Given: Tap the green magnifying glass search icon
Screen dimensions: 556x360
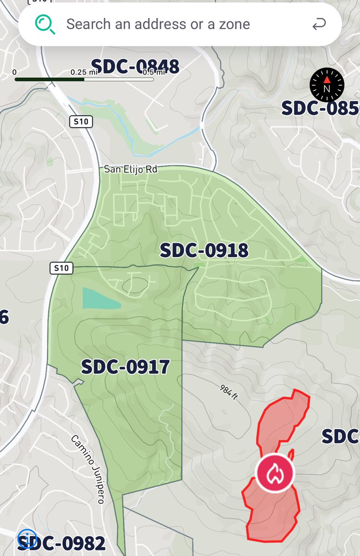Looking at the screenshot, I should click(45, 24).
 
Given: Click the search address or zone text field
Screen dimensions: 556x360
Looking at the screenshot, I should click(158, 24).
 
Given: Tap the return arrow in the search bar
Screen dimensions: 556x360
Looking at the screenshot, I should click(319, 25).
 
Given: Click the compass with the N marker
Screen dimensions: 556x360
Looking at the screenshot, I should click(327, 84).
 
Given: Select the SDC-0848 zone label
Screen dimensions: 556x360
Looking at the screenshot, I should click(135, 67).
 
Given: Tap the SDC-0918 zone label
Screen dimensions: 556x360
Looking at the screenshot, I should click(204, 251).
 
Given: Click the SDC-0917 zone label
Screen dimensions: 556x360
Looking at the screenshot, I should click(125, 367).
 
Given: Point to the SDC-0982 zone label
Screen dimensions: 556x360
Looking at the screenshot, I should click(65, 543).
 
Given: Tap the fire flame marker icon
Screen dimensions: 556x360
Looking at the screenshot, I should click(275, 473).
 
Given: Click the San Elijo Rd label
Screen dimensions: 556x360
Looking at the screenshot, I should click(131, 169).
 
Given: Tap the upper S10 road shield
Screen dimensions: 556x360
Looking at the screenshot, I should click(81, 122).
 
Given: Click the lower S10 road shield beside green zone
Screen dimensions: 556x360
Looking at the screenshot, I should click(61, 268).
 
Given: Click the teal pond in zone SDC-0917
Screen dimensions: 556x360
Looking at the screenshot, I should click(99, 299).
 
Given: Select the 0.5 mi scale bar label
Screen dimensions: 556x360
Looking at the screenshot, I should click(154, 72).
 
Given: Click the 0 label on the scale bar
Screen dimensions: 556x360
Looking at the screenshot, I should click(15, 72).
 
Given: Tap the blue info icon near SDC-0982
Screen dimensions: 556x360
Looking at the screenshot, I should click(26, 539).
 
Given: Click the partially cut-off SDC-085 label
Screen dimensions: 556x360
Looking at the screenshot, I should click(320, 108).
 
